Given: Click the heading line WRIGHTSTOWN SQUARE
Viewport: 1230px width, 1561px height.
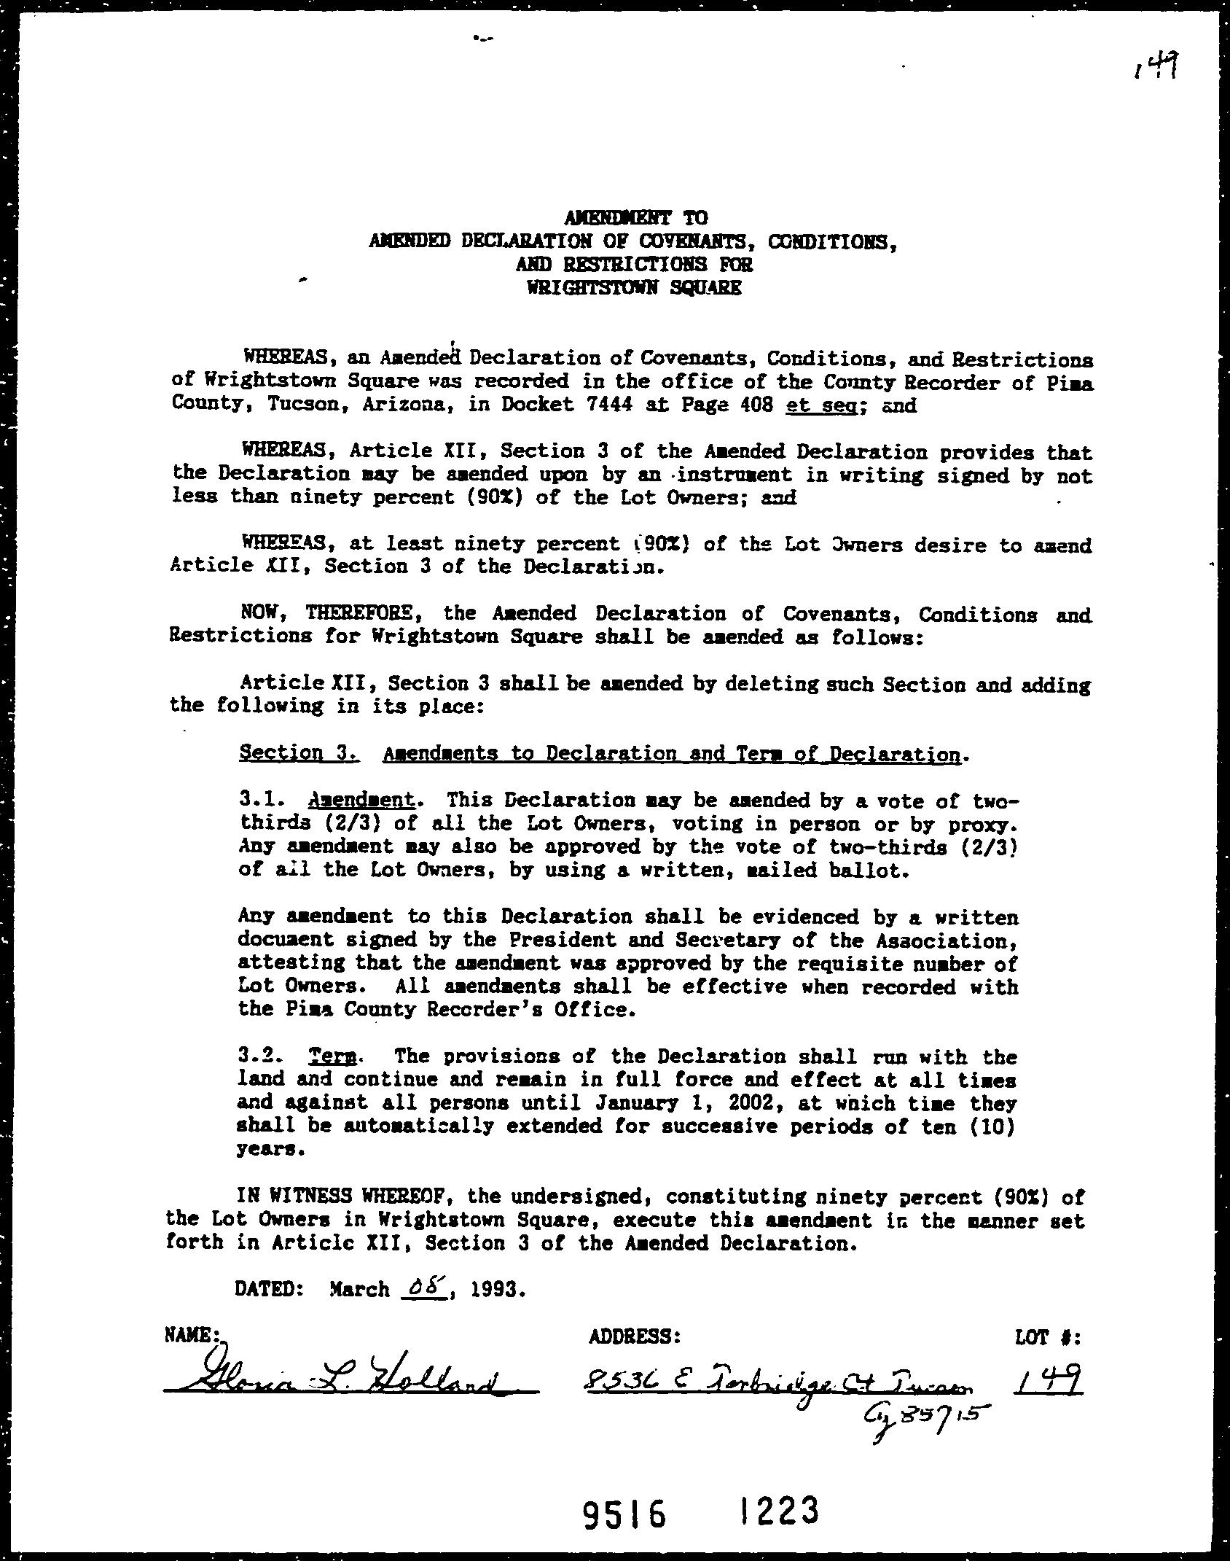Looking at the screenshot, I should [x=633, y=287].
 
